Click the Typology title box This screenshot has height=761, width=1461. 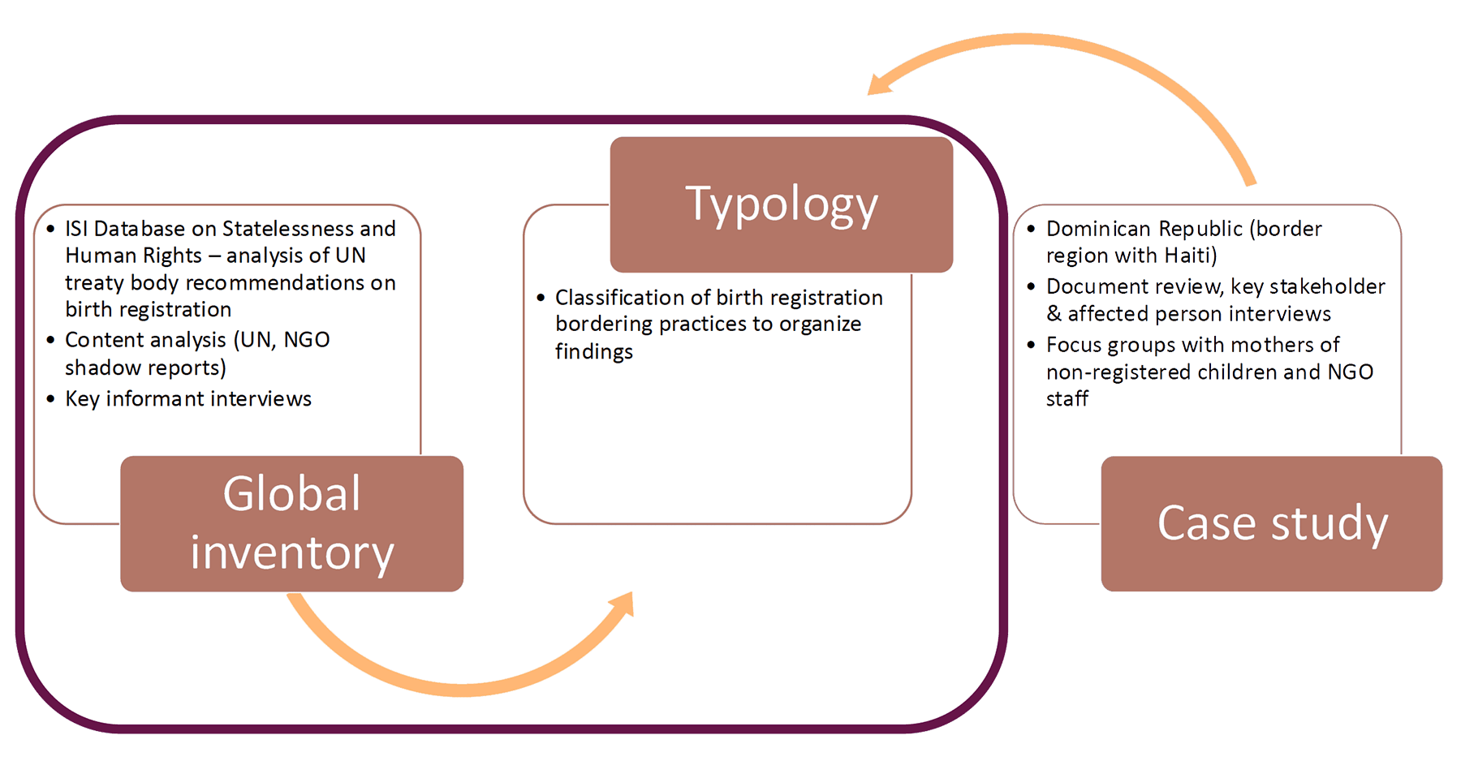[781, 204]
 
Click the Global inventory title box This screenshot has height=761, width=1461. [291, 523]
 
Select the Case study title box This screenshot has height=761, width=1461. [1271, 523]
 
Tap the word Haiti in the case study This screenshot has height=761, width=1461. [1188, 256]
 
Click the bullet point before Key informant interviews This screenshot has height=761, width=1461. [50, 399]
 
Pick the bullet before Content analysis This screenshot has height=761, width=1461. [50, 340]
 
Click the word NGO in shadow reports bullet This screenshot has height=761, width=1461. [307, 340]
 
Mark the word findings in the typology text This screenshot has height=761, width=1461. [593, 352]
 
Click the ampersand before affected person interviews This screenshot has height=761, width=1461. [1054, 314]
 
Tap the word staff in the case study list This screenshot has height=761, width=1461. [1067, 399]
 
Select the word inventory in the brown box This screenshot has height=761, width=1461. [291, 553]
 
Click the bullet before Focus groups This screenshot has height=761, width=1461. [1031, 346]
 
